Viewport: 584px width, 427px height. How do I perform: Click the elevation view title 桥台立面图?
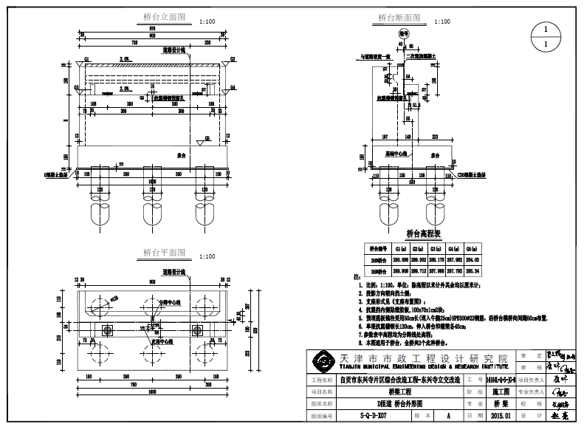[164, 17]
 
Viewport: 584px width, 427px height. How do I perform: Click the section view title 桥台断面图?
[399, 17]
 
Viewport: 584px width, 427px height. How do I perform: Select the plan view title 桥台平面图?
[164, 253]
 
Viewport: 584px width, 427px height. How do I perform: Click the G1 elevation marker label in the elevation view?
[86, 58]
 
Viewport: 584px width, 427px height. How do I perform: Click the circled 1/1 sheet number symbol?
[546, 37]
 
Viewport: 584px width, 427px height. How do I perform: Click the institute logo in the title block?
[323, 362]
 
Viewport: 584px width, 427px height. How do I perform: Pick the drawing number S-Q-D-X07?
[373, 417]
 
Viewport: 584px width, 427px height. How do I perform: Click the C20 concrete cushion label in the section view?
[473, 176]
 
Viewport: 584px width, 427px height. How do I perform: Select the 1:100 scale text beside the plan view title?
[208, 256]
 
